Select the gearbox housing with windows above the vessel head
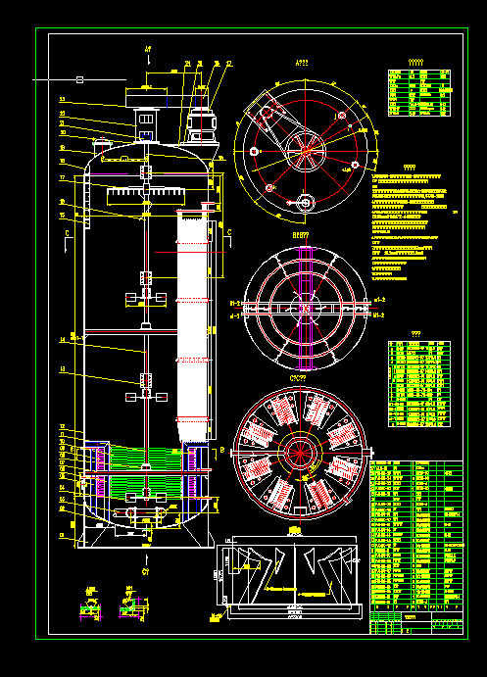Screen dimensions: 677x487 pyautogui.click(x=147, y=121)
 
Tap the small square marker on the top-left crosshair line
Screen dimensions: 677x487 pyautogui.click(x=80, y=78)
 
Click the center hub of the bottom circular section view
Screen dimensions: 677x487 pyautogui.click(x=300, y=452)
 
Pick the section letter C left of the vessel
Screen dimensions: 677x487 pyautogui.click(x=67, y=234)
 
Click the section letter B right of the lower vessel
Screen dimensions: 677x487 pyautogui.click(x=221, y=450)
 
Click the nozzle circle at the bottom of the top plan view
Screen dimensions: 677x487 pyautogui.click(x=305, y=204)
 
